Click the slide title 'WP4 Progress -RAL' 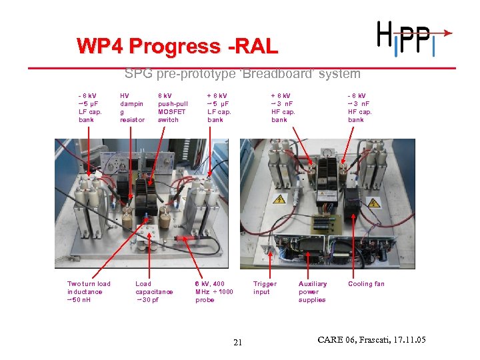coord(177,47)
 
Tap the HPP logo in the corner coord(411,37)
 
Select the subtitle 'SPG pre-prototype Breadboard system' coord(242,74)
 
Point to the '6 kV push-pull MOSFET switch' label coord(173,107)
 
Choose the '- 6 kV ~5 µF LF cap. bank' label coord(90,107)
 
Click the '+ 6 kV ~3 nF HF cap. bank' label coord(283,107)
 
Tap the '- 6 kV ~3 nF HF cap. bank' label coord(360,107)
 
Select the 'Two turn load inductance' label coord(89,291)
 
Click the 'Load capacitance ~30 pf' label coord(154,291)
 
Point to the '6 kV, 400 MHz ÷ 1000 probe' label coord(214,291)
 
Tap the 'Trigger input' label coord(265,287)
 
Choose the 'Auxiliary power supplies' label coord(312,291)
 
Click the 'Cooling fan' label coord(366,284)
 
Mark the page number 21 coord(239,343)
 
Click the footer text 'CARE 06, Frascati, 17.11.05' coord(372,341)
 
